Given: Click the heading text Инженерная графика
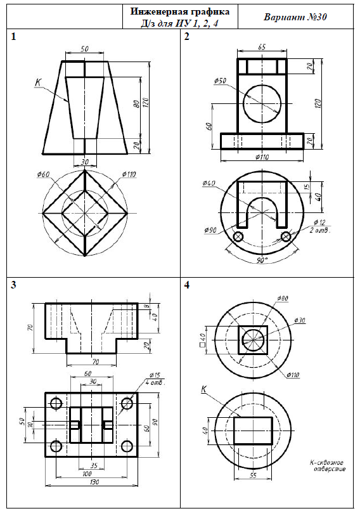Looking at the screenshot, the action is [x=179, y=11].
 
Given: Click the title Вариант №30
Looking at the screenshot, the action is [x=295, y=17].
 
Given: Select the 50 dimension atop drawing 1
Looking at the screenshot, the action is [x=85, y=49].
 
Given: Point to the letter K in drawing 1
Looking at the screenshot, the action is [x=38, y=82].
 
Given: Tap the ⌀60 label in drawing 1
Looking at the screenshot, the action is [x=43, y=174].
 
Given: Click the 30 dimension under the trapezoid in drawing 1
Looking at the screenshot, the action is [x=85, y=162].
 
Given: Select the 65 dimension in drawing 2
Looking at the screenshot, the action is [x=262, y=47].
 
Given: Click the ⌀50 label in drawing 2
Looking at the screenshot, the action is [x=220, y=81].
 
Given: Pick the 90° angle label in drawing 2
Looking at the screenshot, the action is [x=262, y=261].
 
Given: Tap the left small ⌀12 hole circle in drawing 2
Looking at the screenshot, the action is [x=238, y=236].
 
